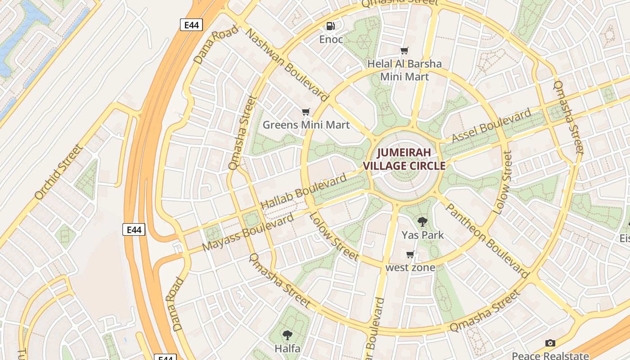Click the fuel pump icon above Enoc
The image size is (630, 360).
click(331, 26)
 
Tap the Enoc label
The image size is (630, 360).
click(331, 40)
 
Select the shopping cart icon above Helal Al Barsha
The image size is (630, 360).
click(405, 50)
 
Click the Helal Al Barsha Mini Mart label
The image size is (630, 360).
click(405, 70)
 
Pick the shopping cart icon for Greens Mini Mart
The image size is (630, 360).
click(306, 112)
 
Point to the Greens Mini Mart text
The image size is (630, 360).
click(306, 125)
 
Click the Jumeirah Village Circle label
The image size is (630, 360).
click(404, 159)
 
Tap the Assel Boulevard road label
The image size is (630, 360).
click(491, 126)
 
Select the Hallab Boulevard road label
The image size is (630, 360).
click(304, 191)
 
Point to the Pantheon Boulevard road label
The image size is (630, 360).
click(487, 240)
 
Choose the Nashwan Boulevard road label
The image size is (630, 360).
click(287, 64)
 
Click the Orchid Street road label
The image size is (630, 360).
click(58, 172)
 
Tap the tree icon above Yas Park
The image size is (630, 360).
click(422, 221)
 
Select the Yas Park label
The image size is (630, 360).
click(422, 235)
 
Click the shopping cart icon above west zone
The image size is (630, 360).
click(410, 255)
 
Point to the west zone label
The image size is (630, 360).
click(410, 268)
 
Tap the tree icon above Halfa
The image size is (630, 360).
click(287, 335)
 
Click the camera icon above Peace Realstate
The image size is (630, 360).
click(550, 343)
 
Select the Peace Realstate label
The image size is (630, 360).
click(550, 355)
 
